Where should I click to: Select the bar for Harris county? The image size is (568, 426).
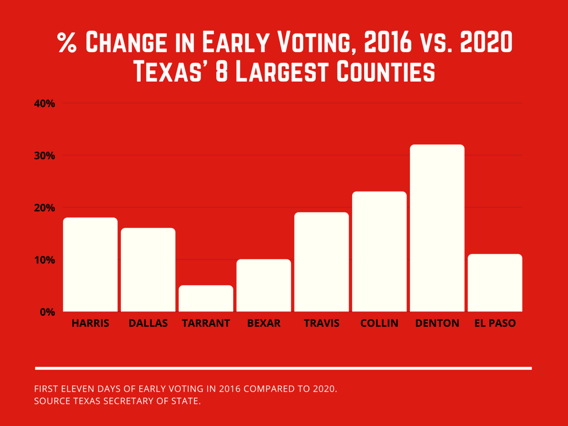pos(90,265)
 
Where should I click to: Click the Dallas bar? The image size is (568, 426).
pos(148,270)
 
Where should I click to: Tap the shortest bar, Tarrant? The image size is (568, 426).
pos(206,299)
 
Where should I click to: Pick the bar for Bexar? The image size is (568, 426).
pos(263,285)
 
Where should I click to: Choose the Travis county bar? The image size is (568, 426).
pos(322,262)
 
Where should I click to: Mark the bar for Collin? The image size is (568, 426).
pos(379,251)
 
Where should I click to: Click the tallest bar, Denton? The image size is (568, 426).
pos(437,228)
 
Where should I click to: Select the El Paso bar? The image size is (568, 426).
pos(495,283)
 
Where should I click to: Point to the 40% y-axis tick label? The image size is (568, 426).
pos(45,104)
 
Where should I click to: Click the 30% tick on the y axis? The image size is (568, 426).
pos(45,156)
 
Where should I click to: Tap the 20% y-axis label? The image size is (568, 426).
pos(45,208)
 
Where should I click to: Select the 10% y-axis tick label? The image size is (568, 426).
pos(45,260)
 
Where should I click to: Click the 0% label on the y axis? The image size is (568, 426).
pos(47,312)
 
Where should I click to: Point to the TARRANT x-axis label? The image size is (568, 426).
pos(206,323)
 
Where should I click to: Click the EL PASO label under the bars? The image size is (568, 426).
pos(495,323)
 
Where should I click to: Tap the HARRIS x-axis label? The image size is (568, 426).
pos(90,323)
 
